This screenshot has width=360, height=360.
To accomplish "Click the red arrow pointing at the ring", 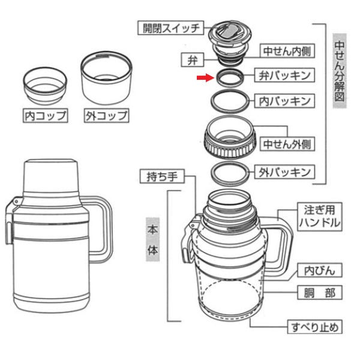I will (205, 77).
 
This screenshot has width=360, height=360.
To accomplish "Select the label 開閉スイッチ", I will (171, 28).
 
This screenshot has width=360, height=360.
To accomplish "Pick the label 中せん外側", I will (286, 144).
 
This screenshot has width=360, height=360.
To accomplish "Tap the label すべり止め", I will (316, 327).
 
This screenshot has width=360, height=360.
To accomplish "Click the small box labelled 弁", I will (191, 59).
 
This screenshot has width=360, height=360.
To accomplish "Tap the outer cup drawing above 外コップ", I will (106, 78).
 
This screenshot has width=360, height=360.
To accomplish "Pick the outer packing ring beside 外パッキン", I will (229, 172).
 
